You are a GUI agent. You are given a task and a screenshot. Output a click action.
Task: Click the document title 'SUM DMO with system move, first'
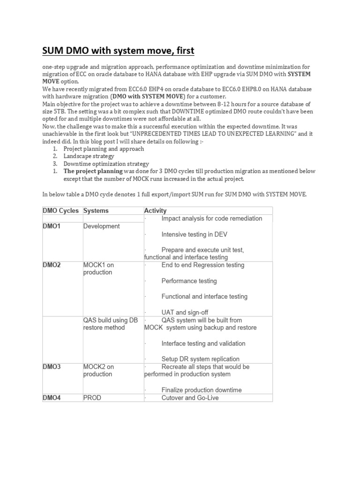(118, 50)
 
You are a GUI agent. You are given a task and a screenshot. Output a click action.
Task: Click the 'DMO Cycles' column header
(61, 211)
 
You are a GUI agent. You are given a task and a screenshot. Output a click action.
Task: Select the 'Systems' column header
(96, 211)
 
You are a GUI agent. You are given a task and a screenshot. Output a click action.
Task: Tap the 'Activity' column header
(155, 211)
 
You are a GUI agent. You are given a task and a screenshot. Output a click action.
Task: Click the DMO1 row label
(52, 226)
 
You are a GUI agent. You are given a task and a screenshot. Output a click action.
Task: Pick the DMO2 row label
(52, 265)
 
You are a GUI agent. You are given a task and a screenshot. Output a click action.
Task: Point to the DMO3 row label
(52, 367)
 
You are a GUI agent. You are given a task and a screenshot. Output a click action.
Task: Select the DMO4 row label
(52, 398)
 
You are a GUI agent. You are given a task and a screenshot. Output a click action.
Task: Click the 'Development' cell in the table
(101, 226)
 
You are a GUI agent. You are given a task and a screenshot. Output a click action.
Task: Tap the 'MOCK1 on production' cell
(98, 269)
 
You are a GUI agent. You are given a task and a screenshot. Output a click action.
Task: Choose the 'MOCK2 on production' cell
(98, 371)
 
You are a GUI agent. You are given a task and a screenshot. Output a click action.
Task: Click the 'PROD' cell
(92, 398)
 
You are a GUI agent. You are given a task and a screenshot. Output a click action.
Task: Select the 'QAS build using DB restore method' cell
(110, 324)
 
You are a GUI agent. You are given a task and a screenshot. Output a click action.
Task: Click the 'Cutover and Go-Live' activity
(190, 398)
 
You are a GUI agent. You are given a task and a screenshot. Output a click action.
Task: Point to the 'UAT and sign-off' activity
(185, 312)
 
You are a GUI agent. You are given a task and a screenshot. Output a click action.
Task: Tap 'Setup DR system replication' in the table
(203, 359)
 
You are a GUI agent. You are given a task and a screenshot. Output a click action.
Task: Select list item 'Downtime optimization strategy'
(106, 164)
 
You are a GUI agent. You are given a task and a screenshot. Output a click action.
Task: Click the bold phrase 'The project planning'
(93, 172)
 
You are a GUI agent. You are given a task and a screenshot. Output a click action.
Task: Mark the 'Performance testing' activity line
(189, 281)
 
